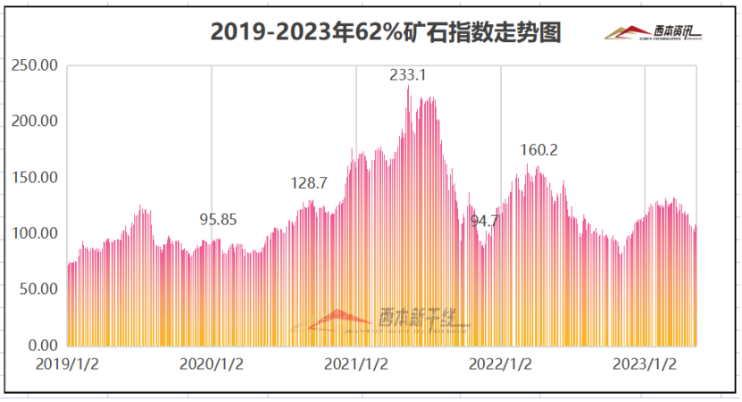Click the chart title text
[x=385, y=33]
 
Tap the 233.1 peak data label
[x=408, y=75]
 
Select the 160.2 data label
[x=539, y=150]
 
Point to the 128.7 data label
[x=309, y=183]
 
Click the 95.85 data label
[x=218, y=220]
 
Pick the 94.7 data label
[x=484, y=220]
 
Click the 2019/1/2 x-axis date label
[x=67, y=364]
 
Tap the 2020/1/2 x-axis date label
[x=212, y=364]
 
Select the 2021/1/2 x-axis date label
[x=356, y=364]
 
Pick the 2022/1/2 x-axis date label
[x=501, y=364]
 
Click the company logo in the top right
[x=654, y=33]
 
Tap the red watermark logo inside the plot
[x=339, y=320]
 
